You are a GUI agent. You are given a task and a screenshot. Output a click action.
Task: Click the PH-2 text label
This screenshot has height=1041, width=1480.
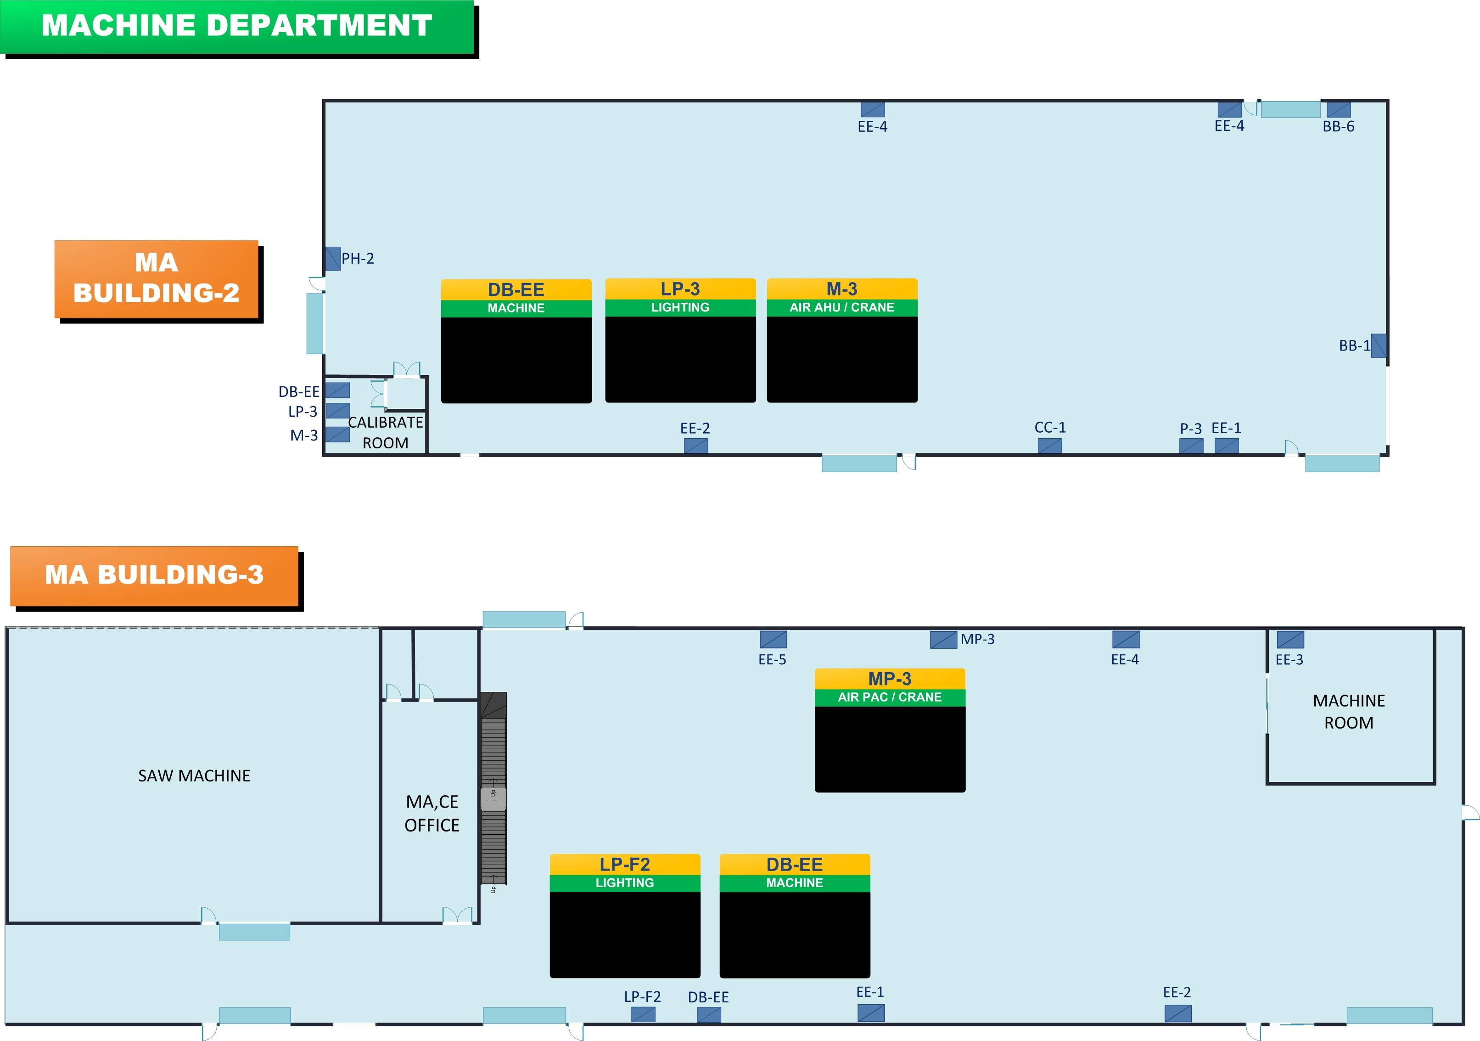[358, 259]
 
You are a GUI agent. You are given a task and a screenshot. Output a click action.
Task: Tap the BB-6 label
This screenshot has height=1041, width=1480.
[1338, 126]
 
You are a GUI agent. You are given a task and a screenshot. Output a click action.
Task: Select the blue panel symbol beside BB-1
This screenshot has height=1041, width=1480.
[1379, 346]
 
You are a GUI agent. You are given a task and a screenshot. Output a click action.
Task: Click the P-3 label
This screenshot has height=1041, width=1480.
[1191, 428]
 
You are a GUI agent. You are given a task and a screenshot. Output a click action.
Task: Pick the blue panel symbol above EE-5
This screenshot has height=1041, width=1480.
[773, 639]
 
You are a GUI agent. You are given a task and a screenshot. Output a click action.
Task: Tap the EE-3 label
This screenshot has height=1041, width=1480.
[1289, 659]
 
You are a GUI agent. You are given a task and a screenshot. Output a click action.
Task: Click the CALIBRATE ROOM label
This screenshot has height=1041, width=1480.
[386, 433]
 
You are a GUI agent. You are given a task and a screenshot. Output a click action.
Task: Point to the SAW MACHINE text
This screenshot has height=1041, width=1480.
[194, 775]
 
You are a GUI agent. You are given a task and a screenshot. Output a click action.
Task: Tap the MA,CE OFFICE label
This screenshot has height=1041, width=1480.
[432, 813]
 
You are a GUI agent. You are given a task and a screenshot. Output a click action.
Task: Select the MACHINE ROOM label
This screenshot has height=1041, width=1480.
[1349, 712]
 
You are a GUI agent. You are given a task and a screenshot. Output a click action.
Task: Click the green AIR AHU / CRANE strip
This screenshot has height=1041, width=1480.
[842, 308]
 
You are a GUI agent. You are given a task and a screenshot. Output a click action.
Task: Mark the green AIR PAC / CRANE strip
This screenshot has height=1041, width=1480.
[890, 697]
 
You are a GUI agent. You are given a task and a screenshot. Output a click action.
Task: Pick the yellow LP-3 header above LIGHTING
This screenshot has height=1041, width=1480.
[680, 289]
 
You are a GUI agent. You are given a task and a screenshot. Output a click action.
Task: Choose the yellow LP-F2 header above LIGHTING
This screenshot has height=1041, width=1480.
[625, 864]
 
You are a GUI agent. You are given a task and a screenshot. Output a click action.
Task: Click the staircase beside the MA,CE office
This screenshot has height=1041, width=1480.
[493, 788]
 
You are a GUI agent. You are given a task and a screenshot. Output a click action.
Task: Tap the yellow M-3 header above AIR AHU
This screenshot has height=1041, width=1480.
[842, 289]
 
